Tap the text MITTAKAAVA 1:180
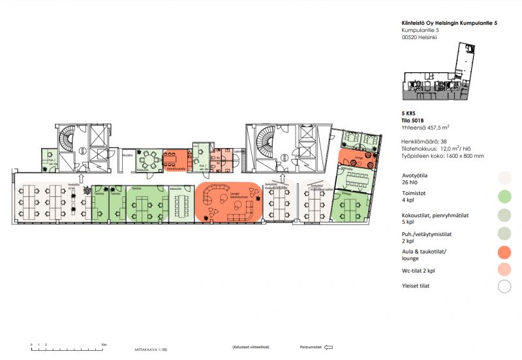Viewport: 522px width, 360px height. point(151,350)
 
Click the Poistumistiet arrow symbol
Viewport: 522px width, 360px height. point(328,347)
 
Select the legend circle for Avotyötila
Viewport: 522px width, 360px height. point(504,177)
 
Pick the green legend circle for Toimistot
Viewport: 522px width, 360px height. point(504,196)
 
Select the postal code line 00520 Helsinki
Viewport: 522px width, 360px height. point(419,38)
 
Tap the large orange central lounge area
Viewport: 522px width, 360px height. point(228,202)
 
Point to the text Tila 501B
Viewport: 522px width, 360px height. point(413,120)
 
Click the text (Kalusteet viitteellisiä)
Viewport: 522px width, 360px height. point(251,347)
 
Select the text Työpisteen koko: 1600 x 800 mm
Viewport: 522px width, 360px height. point(442,156)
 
